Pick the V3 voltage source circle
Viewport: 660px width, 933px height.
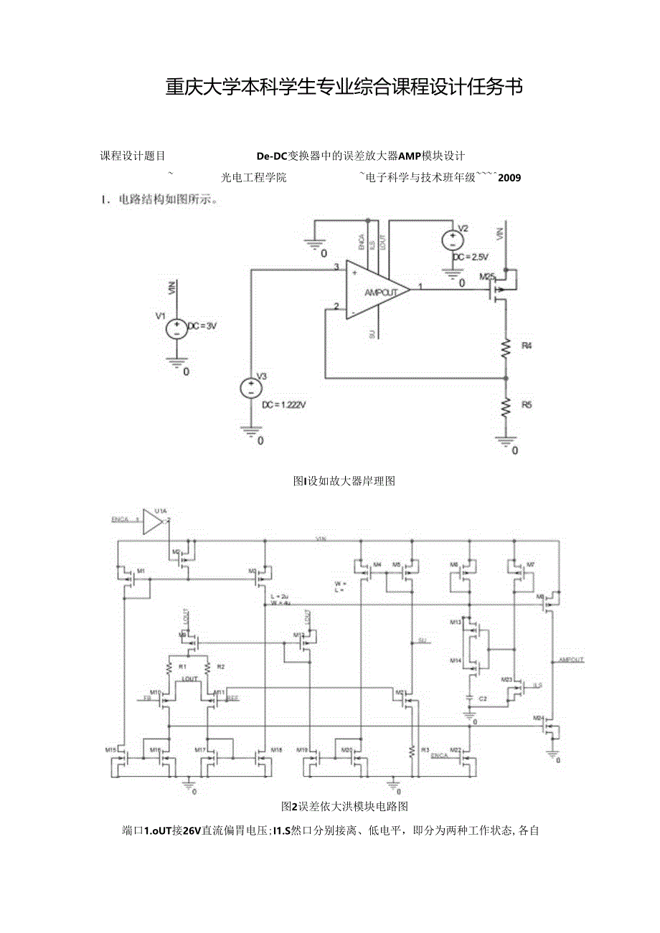(x=251, y=388)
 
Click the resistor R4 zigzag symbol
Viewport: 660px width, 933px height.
(x=506, y=347)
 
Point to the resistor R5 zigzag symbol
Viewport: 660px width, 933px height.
(x=506, y=406)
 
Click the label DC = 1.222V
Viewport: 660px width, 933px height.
(x=284, y=404)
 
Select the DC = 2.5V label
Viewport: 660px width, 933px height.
(x=470, y=257)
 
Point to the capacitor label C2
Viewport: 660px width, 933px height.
(x=483, y=698)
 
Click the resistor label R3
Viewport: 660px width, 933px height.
(x=425, y=750)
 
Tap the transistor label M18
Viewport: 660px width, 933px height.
(x=275, y=749)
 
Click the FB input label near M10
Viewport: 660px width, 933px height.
(x=147, y=698)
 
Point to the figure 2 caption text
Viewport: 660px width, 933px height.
(x=344, y=806)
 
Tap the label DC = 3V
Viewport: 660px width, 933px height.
(x=202, y=326)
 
